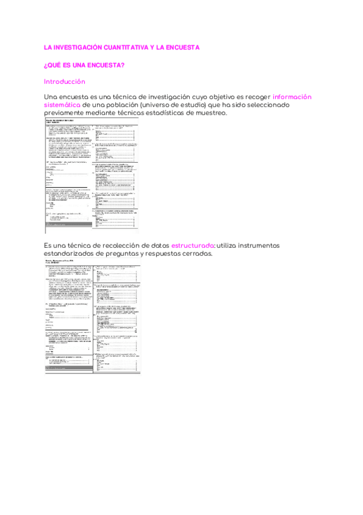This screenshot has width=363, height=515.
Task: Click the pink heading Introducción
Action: coord(65,81)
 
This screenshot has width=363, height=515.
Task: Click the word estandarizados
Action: coord(75,253)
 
